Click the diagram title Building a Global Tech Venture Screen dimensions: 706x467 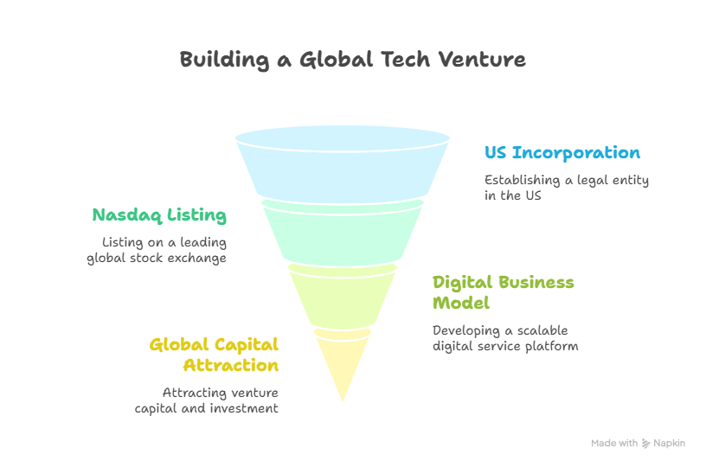(x=352, y=60)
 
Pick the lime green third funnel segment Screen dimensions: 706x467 (x=343, y=297)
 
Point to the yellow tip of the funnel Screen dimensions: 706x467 (x=343, y=360)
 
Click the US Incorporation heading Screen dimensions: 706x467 (x=562, y=152)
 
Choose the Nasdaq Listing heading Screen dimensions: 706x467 (x=159, y=215)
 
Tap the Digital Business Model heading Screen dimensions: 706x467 (x=504, y=292)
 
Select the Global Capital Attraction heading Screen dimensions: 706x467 (x=214, y=355)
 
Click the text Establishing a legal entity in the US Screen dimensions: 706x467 (x=567, y=188)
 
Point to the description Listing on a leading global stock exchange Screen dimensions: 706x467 (x=157, y=250)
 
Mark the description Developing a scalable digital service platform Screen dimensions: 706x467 (x=505, y=338)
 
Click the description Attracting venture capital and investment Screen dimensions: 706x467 (x=207, y=400)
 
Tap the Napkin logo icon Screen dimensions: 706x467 (x=645, y=444)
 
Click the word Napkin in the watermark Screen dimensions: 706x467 (x=669, y=443)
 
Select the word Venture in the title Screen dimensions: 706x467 (x=482, y=60)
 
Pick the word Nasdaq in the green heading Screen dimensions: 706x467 (x=127, y=215)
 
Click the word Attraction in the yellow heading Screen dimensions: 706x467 (x=231, y=365)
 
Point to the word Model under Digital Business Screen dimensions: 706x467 (x=461, y=303)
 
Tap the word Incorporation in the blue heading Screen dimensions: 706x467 (x=576, y=152)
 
